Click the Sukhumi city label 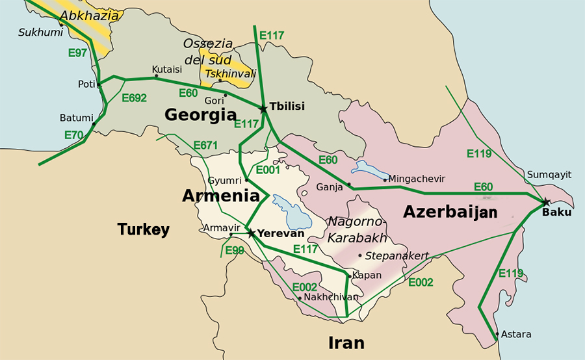(36, 31)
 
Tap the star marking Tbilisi (263, 109)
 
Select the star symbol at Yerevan (250, 233)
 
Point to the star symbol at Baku (546, 202)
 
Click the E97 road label (77, 53)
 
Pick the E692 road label (135, 98)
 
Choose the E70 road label (73, 135)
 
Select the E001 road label (267, 170)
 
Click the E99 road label (235, 250)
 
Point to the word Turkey (144, 229)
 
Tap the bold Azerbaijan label (450, 212)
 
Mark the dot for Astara (497, 335)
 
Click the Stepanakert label (396, 256)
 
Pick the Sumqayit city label (549, 174)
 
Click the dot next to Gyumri (246, 180)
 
